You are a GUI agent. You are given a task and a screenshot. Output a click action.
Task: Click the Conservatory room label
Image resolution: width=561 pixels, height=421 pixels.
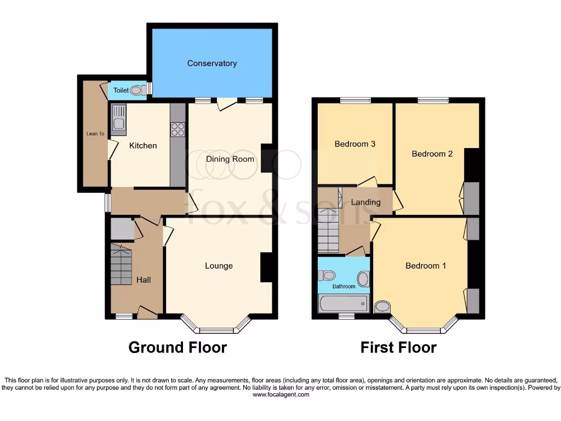click(x=212, y=64)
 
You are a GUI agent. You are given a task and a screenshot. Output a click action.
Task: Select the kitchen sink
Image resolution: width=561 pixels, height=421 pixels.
click(x=118, y=119)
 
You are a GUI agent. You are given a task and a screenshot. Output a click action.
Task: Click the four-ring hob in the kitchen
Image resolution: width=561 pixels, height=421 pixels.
click(x=178, y=129)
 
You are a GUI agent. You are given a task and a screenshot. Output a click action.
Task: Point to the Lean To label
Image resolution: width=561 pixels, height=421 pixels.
click(x=95, y=133)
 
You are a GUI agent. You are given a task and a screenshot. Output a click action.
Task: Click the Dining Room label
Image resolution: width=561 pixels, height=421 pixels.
click(x=230, y=159)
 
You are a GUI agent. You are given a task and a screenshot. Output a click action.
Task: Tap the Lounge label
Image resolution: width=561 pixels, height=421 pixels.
click(x=219, y=266)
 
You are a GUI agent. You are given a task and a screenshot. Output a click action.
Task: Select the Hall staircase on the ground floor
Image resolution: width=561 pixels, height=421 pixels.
click(x=121, y=264)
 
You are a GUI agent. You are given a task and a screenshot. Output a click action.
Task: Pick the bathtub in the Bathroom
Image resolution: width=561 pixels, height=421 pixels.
click(x=343, y=303)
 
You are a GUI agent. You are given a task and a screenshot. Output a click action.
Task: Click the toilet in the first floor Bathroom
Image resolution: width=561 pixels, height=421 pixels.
click(x=327, y=275)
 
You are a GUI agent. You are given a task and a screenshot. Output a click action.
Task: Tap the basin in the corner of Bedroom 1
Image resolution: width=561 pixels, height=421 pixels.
click(x=382, y=306)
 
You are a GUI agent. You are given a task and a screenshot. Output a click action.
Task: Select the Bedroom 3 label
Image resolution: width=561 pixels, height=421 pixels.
click(x=355, y=144)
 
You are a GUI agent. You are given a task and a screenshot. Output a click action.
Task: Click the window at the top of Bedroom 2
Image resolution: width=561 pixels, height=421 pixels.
click(x=433, y=100)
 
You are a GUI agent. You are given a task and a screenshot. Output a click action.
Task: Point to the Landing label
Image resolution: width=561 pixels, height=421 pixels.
click(x=365, y=202)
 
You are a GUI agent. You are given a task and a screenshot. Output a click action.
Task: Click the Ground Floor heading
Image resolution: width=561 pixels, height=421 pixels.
click(x=178, y=347)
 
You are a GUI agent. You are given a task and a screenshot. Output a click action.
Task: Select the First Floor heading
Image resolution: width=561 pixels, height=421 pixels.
click(x=398, y=347)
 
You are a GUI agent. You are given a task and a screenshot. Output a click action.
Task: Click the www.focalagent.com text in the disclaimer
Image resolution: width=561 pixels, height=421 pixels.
click(x=280, y=394)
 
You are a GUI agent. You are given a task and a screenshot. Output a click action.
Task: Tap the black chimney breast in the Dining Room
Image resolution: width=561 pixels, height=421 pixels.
click(x=267, y=159)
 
